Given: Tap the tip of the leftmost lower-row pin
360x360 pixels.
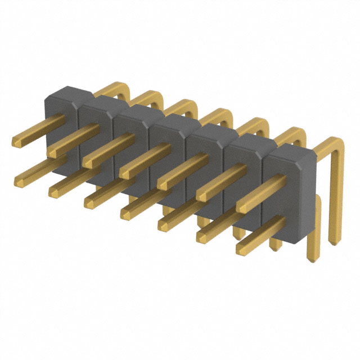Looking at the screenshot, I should coord(20,179).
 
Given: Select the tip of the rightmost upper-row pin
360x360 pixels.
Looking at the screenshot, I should coord(242,206).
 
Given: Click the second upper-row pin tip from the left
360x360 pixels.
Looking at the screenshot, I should coord(53,152).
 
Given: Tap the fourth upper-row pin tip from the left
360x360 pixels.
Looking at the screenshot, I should coord(126,173).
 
